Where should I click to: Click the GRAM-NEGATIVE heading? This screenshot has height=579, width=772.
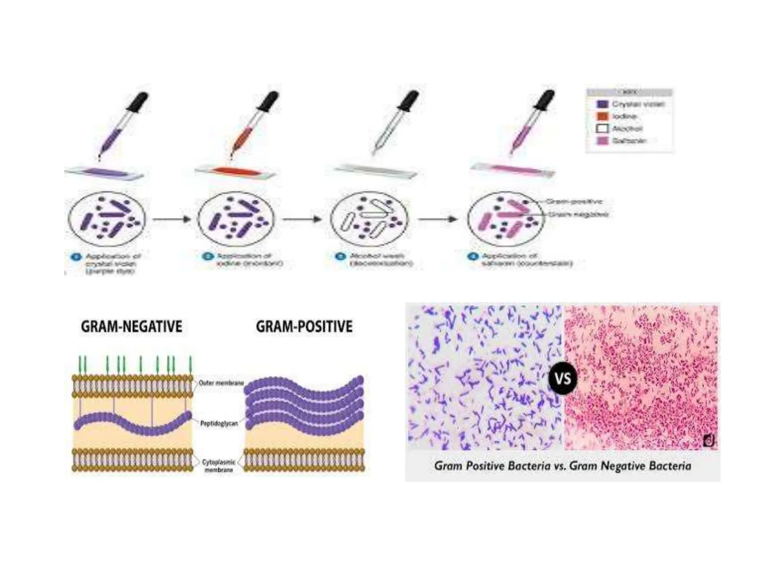(x=132, y=326)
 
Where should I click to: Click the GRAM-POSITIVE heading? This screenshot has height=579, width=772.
(x=304, y=326)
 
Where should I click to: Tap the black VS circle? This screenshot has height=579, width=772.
(x=563, y=378)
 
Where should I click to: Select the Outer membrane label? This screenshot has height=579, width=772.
(x=221, y=383)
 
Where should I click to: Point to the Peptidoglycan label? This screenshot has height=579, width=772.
(x=219, y=423)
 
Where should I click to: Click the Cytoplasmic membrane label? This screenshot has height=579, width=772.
(x=219, y=466)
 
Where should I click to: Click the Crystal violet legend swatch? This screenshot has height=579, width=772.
(x=603, y=104)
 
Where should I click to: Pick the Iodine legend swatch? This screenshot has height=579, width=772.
(x=603, y=116)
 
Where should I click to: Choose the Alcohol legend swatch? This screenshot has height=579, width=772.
(x=603, y=129)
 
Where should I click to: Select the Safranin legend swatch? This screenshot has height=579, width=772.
(x=603, y=141)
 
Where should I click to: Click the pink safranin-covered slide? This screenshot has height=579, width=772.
(x=513, y=169)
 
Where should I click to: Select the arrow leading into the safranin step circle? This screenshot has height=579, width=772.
(x=438, y=219)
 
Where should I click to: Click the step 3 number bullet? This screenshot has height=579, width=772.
(x=340, y=257)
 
